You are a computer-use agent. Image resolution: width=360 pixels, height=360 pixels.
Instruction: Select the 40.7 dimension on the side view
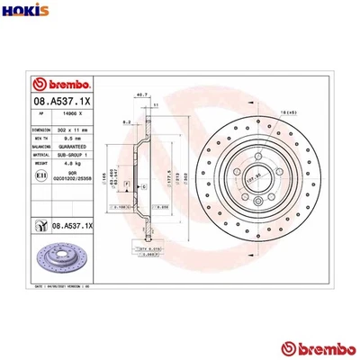click(x=140, y=94)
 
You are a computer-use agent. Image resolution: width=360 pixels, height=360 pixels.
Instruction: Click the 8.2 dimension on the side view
click(x=128, y=119)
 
